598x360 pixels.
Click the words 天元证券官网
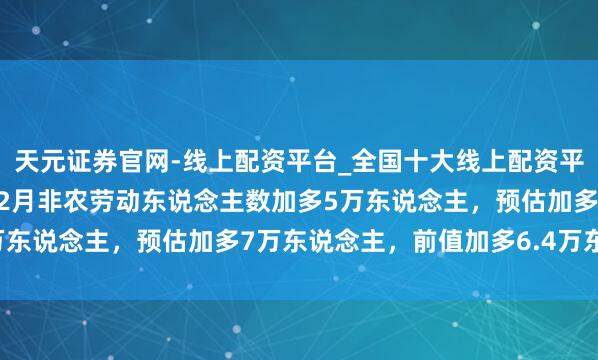(93, 161)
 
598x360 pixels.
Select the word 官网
(146, 161)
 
